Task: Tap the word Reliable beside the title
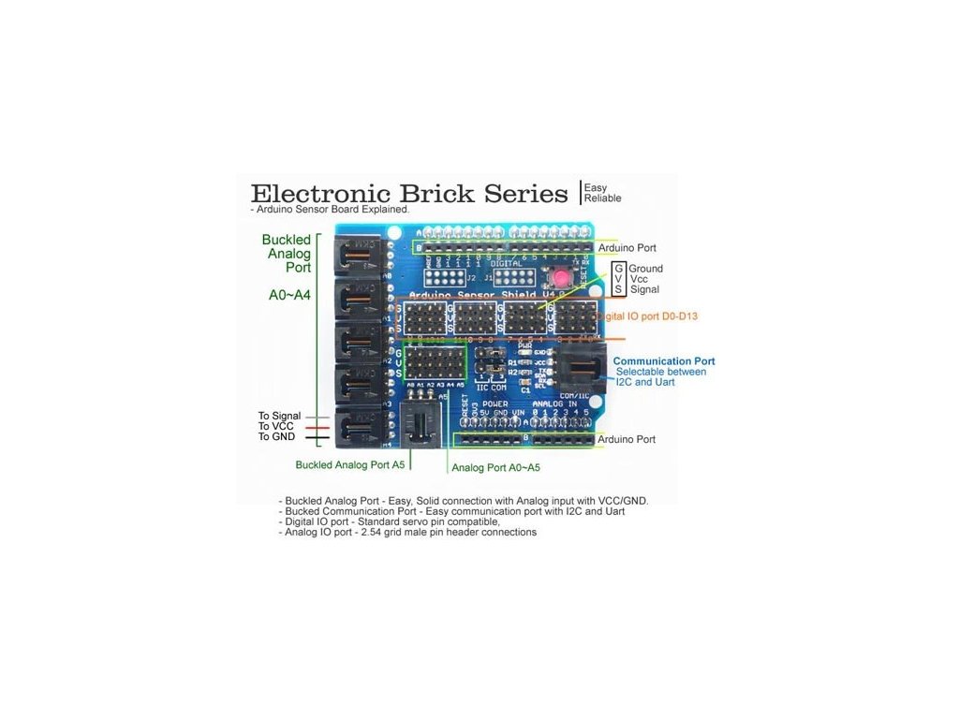tap(602, 198)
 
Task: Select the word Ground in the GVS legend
tap(646, 269)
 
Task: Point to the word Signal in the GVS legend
tap(644, 289)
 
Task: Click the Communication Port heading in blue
tap(664, 361)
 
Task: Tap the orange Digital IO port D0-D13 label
tap(646, 316)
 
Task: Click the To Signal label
tap(279, 416)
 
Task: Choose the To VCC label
tap(276, 426)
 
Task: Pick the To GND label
tap(276, 437)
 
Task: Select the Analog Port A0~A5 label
tap(495, 467)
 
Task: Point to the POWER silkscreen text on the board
tap(495, 404)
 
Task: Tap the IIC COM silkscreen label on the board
tap(491, 386)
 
